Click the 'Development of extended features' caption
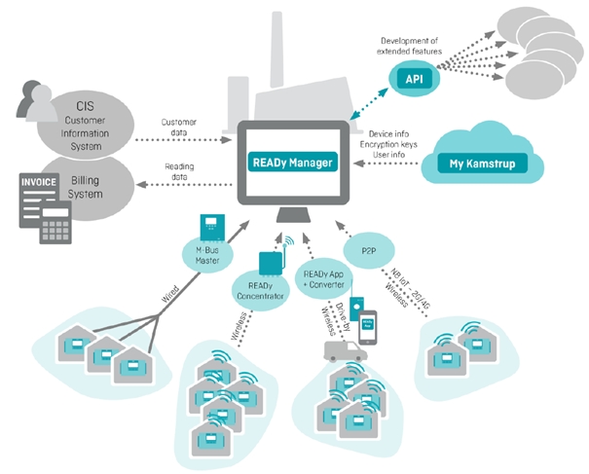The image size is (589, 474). coord(414,42)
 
